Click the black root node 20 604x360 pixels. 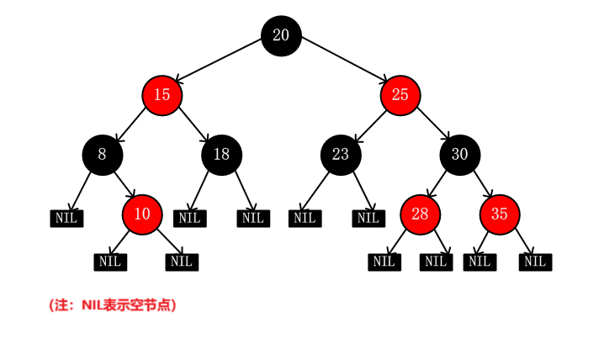(281, 35)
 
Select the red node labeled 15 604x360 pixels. (162, 95)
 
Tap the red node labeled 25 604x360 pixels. (400, 95)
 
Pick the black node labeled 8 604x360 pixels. (103, 155)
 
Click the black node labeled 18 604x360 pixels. (221, 155)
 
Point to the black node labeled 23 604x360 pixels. (341, 155)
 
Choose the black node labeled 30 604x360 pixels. (459, 155)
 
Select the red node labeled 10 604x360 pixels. (142, 214)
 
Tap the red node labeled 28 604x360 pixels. (420, 214)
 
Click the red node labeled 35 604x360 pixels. (500, 214)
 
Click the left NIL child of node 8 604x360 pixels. (66, 219)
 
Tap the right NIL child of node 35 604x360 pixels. (534, 262)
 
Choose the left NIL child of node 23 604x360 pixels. (305, 219)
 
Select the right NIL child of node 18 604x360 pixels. (252, 219)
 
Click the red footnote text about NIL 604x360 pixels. (113, 305)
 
